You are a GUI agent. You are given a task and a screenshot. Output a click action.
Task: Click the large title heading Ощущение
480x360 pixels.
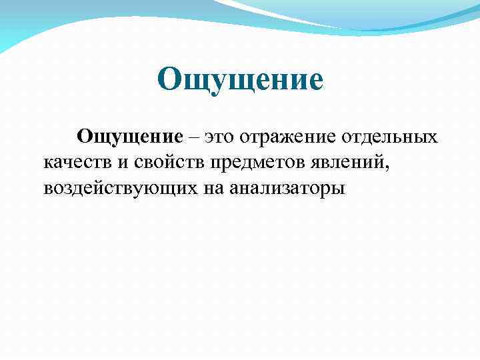click(241, 81)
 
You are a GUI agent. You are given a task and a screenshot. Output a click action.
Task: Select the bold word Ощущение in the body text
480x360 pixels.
click(130, 137)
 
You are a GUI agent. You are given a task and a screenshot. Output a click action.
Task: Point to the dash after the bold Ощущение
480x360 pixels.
click(193, 137)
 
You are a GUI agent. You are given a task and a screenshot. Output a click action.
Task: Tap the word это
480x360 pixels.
click(219, 137)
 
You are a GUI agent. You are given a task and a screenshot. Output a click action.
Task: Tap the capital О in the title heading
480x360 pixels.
click(170, 81)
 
